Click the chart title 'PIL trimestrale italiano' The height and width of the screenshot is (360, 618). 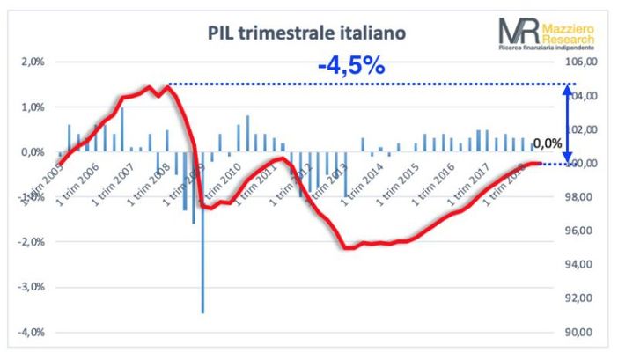pos(307,33)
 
